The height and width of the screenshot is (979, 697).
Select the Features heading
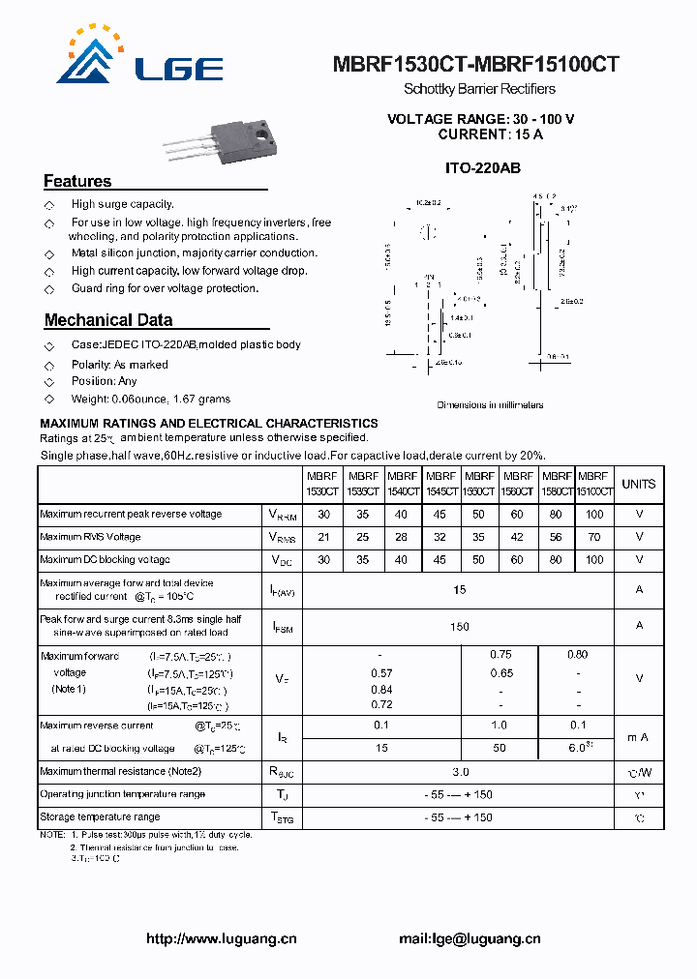pyautogui.click(x=77, y=181)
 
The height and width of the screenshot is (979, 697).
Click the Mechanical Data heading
pyautogui.click(x=108, y=320)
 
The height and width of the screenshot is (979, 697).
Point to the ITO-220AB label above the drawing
pyautogui.click(x=482, y=168)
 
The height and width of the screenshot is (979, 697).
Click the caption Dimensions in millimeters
pyautogui.click(x=490, y=405)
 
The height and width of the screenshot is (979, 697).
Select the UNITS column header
pyautogui.click(x=639, y=484)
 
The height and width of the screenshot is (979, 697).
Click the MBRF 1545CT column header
pyautogui.click(x=440, y=484)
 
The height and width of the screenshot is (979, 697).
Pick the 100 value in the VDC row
pyautogui.click(x=594, y=559)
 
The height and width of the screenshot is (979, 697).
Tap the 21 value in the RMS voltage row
pyautogui.click(x=323, y=537)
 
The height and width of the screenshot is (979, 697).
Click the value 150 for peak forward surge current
pyautogui.click(x=460, y=626)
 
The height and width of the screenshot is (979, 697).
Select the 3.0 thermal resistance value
pyautogui.click(x=460, y=772)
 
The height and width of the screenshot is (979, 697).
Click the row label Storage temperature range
pyautogui.click(x=101, y=817)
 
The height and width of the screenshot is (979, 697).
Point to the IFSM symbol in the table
pyautogui.click(x=282, y=627)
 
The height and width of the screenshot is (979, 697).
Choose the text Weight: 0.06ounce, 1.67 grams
pyautogui.click(x=151, y=399)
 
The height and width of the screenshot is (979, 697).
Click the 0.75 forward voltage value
pyautogui.click(x=500, y=655)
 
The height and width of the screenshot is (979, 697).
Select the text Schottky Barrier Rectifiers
pyautogui.click(x=479, y=89)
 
